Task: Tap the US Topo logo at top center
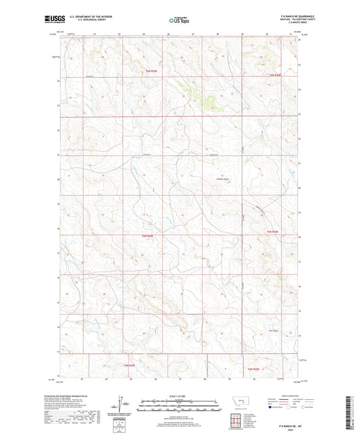(178, 21)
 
